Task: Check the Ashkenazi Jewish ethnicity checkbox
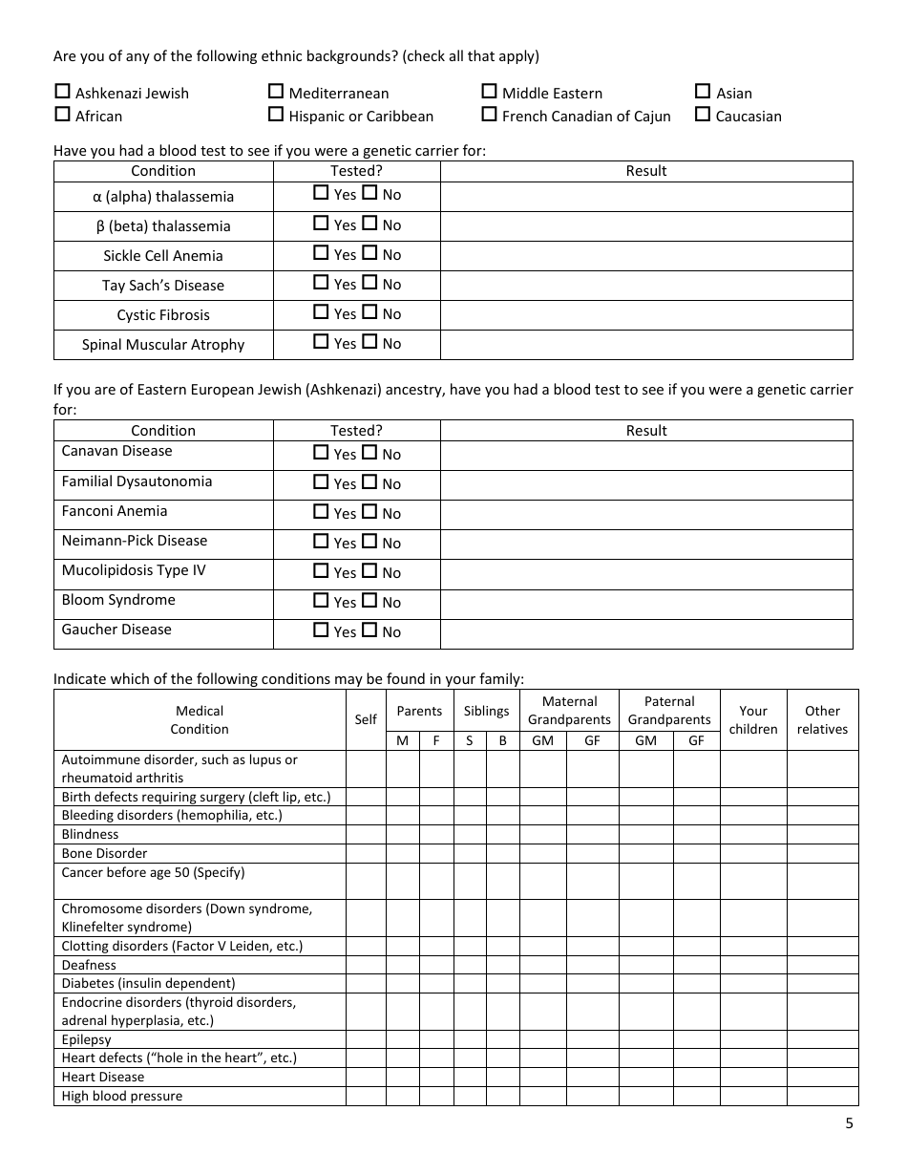pyautogui.click(x=62, y=92)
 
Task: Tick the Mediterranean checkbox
pyautogui.click(x=276, y=92)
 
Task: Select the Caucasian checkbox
pyautogui.click(x=703, y=115)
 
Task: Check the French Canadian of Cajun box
pyautogui.click(x=489, y=115)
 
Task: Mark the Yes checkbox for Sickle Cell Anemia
pyautogui.click(x=321, y=253)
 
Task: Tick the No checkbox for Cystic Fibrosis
pyautogui.click(x=369, y=312)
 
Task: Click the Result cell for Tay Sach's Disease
pyautogui.click(x=646, y=285)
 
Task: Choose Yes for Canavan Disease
pyautogui.click(x=321, y=453)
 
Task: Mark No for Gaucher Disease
pyautogui.click(x=369, y=630)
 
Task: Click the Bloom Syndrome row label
pyautogui.click(x=118, y=600)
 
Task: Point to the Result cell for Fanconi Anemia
pyautogui.click(x=646, y=514)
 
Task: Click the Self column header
pyautogui.click(x=366, y=719)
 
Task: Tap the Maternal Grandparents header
pyautogui.click(x=569, y=710)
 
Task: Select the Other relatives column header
pyautogui.click(x=822, y=719)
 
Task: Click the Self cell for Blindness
pyautogui.click(x=366, y=834)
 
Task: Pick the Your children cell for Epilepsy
pyautogui.click(x=753, y=1039)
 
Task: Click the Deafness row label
pyautogui.click(x=89, y=965)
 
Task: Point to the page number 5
pyautogui.click(x=849, y=1123)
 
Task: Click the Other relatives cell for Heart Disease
pyautogui.click(x=822, y=1077)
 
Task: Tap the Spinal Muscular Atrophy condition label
pyautogui.click(x=163, y=344)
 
